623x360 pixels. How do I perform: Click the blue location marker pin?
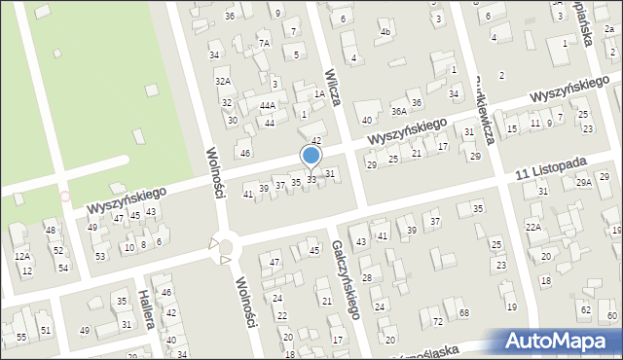(311, 157)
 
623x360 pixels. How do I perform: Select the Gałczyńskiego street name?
(347, 279)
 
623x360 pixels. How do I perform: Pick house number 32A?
(223, 81)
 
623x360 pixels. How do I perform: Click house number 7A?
(263, 43)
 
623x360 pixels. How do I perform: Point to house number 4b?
(385, 32)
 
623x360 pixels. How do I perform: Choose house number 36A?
(398, 111)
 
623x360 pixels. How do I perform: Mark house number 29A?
(583, 182)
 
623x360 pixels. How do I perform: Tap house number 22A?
(532, 227)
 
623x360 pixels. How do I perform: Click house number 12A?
(21, 256)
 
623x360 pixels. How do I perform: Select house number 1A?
(318, 94)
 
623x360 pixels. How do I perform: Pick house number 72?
(437, 321)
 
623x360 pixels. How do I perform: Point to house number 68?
(463, 312)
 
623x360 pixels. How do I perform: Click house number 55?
(21, 337)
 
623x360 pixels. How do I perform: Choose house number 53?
(100, 256)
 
